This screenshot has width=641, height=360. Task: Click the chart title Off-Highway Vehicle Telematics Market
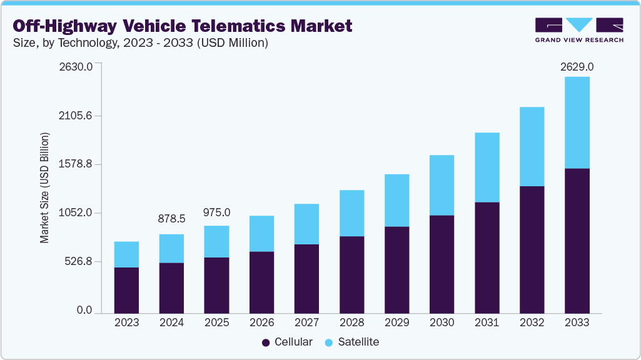(182, 26)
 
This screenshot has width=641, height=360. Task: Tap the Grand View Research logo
(579, 30)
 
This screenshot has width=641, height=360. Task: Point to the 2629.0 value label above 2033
(577, 67)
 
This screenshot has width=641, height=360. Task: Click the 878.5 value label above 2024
(171, 219)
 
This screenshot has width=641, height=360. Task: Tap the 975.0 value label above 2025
(216, 212)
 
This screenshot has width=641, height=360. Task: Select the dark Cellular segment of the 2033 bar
(577, 241)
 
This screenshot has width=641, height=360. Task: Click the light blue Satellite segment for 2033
(577, 122)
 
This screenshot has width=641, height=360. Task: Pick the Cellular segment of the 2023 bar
(126, 290)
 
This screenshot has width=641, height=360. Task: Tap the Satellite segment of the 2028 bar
(351, 213)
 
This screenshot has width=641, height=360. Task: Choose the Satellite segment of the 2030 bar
(442, 185)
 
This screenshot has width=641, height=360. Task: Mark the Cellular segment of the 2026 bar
(261, 282)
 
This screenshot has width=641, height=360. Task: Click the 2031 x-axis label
(487, 322)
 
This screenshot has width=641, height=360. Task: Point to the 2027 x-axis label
(306, 322)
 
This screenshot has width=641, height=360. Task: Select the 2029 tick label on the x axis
(396, 322)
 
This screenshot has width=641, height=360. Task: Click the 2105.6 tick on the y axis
(76, 116)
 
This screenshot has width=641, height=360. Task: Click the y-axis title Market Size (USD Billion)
(44, 188)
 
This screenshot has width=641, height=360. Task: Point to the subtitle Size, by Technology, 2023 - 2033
(141, 43)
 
